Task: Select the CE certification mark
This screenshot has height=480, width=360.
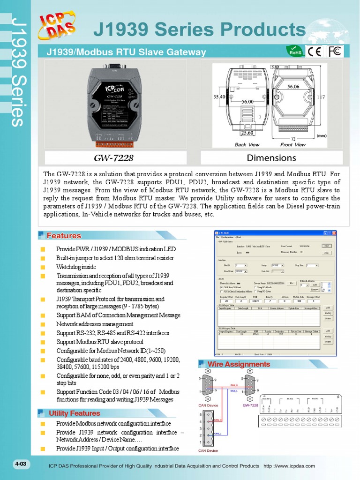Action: point(314,51)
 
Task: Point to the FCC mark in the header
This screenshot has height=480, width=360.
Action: point(335,51)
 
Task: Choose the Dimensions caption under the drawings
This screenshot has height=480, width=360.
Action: point(271,157)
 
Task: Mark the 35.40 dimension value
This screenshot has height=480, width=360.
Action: point(219,97)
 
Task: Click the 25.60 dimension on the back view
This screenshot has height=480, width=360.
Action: point(247,133)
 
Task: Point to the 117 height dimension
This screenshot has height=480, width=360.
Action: point(321,97)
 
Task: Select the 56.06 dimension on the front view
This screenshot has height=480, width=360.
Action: point(293,87)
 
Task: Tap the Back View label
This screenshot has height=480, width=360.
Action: point(247,145)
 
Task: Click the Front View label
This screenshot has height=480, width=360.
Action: point(293,145)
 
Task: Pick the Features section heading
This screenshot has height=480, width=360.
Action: point(64,236)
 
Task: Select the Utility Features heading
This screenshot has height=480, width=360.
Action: point(74,413)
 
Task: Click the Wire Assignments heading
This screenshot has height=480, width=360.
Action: point(239,364)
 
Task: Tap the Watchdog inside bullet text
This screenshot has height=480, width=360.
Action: point(76,267)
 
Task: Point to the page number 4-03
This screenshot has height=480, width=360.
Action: point(22,464)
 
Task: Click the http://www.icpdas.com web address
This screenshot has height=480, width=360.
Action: point(289,466)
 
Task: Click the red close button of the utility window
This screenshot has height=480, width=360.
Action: point(334,233)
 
